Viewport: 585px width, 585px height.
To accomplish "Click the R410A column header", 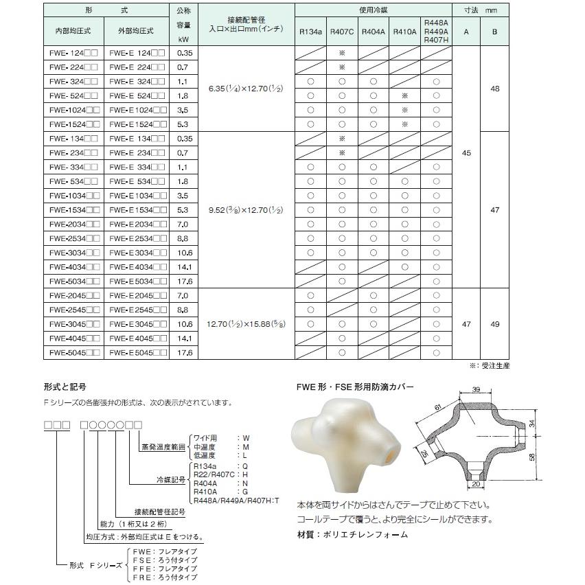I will click(404, 31).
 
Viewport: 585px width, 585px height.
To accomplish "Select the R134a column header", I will click(310, 31).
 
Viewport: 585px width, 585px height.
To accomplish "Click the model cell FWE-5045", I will click(74, 352).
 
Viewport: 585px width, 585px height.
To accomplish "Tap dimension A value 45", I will click(467, 153).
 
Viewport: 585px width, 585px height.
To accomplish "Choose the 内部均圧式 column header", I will click(73, 31).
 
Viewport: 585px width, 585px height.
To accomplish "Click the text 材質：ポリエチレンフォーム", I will click(352, 535).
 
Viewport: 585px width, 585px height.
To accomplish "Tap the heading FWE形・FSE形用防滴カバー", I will click(355, 388).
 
